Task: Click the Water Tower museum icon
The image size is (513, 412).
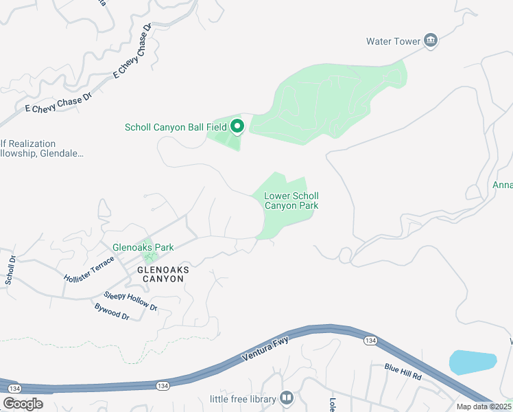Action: click(x=431, y=41)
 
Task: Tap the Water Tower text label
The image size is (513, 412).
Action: click(x=393, y=41)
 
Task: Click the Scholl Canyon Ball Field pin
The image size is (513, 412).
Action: click(x=237, y=126)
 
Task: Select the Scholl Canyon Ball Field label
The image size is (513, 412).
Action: click(x=176, y=127)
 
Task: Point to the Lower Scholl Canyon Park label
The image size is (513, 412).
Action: click(x=291, y=201)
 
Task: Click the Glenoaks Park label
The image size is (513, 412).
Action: click(x=143, y=247)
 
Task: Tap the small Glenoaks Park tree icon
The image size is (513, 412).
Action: click(x=147, y=257)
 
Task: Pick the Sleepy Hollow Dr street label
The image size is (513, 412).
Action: click(x=130, y=301)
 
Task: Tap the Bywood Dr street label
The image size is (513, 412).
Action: click(x=112, y=311)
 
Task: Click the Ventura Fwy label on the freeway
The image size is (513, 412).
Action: click(x=266, y=348)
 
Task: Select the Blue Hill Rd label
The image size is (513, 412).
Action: click(x=403, y=373)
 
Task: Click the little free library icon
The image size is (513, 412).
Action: click(x=287, y=398)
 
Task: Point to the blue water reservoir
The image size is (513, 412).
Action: click(x=472, y=362)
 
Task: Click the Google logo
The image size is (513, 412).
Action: click(x=23, y=403)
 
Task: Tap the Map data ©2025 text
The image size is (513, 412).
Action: click(x=484, y=407)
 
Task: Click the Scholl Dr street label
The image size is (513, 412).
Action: click(x=11, y=270)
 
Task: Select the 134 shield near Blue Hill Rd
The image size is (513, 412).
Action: click(x=370, y=341)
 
